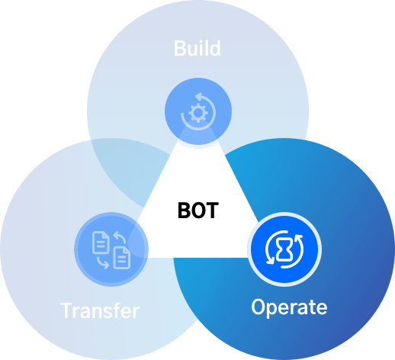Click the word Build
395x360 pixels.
coord(197,48)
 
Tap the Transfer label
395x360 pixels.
coord(100,310)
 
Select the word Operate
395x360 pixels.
coord(289,307)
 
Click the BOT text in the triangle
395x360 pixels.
coord(198,211)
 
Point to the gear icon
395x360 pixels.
coord(198,113)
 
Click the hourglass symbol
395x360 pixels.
coord(284,249)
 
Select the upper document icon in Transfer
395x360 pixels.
coord(101,243)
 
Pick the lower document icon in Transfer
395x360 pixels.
coord(122,258)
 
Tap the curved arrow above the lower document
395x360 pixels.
coord(120,236)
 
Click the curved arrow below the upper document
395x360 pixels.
coord(102,263)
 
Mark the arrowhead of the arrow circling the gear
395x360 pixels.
coord(198,96)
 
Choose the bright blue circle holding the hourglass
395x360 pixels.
coord(284,249)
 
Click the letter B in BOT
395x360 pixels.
coord(184,211)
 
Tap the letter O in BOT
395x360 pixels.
coord(198,211)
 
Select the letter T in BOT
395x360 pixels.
coord(213,211)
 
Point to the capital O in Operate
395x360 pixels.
coord(259,307)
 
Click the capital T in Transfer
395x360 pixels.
coord(66,310)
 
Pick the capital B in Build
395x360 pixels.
coord(180,48)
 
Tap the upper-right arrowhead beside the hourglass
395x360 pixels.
coord(299,238)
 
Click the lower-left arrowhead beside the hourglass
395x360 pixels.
coord(270,261)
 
